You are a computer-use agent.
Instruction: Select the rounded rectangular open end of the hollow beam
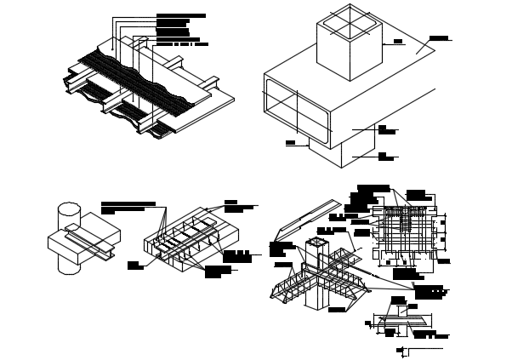click(x=295, y=108)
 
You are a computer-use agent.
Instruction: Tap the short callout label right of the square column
click(x=397, y=41)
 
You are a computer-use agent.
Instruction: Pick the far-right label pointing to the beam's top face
click(x=439, y=38)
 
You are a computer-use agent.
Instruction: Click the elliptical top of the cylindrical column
click(x=69, y=210)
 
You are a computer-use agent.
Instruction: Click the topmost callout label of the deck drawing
click(x=180, y=15)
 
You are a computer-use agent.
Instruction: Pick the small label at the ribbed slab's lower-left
click(x=134, y=266)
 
